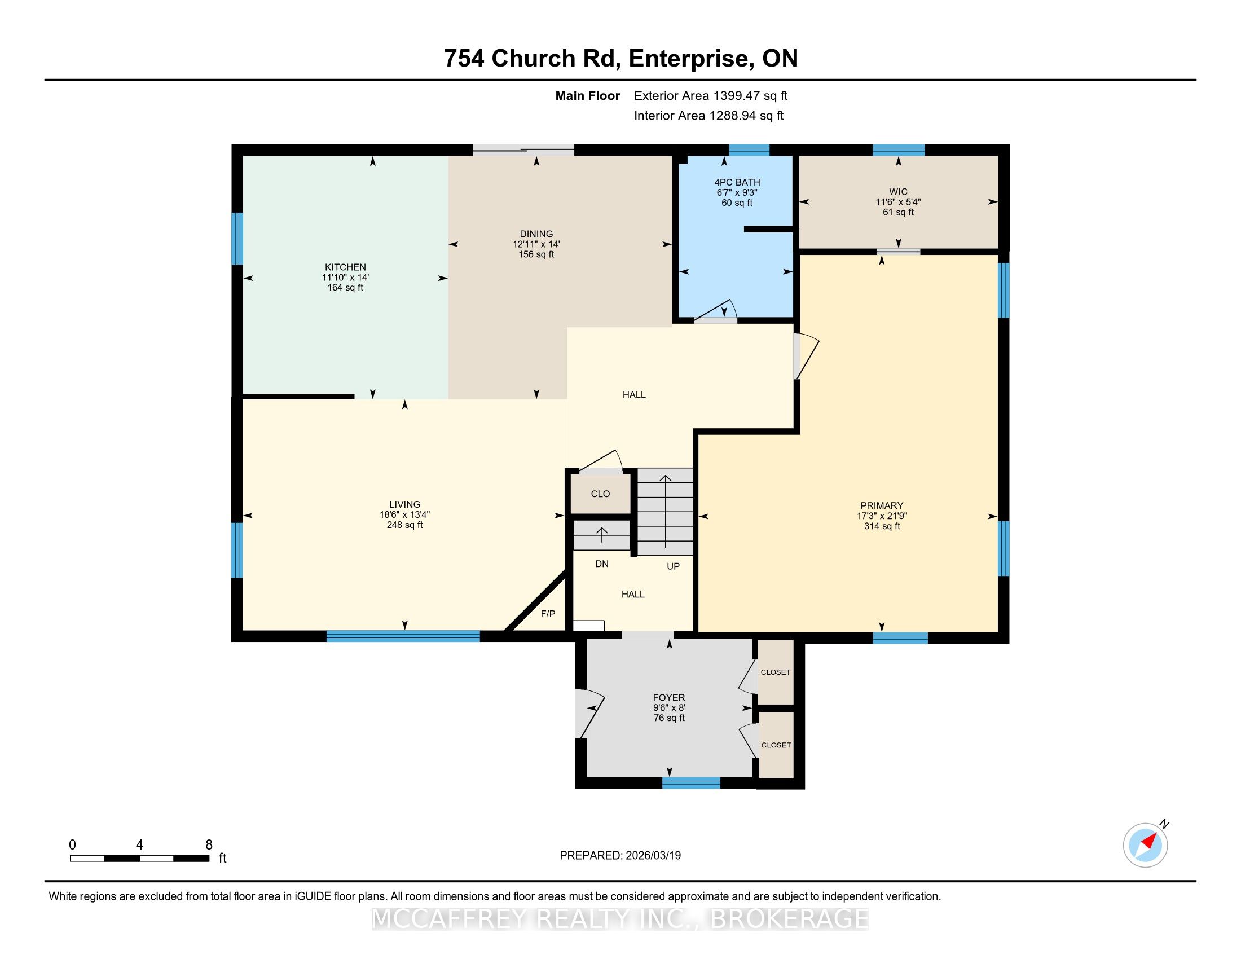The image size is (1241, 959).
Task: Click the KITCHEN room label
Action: (345, 267)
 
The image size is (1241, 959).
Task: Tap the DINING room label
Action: (536, 234)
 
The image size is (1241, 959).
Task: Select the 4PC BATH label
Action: (737, 182)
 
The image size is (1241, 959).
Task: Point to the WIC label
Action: (899, 192)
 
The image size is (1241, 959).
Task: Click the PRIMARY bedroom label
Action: (882, 505)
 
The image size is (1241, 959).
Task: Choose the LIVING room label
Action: (404, 504)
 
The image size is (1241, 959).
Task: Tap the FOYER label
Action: (669, 698)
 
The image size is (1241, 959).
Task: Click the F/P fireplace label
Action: (548, 614)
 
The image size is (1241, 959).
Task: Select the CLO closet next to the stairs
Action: (600, 494)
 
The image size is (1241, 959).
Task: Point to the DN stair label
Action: (602, 564)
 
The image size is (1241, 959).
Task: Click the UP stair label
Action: (673, 566)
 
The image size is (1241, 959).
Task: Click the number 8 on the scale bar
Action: (209, 845)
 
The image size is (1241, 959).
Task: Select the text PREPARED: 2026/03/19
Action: (620, 856)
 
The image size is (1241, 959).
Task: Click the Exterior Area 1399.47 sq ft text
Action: (711, 96)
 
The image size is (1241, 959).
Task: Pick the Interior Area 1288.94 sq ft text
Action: (708, 116)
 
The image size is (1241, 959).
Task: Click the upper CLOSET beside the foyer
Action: (776, 672)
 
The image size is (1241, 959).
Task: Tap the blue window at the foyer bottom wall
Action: (691, 783)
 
